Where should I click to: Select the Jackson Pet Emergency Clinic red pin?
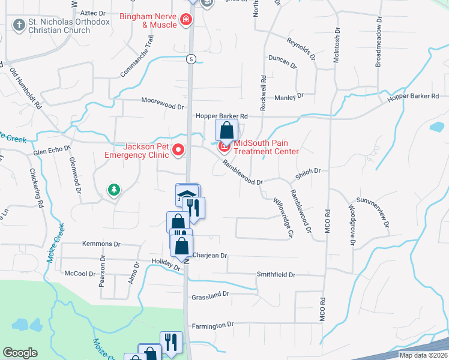178,150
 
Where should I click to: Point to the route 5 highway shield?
190,58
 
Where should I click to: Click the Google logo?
20,353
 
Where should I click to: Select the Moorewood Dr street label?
162,105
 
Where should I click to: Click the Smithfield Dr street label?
276,274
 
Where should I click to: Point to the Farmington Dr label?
212,325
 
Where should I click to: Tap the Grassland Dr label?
210,295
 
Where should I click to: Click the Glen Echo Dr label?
52,153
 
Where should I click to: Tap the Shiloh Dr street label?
308,171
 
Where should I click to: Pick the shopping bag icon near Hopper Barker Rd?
227,130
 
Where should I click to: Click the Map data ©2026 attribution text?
423,355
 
